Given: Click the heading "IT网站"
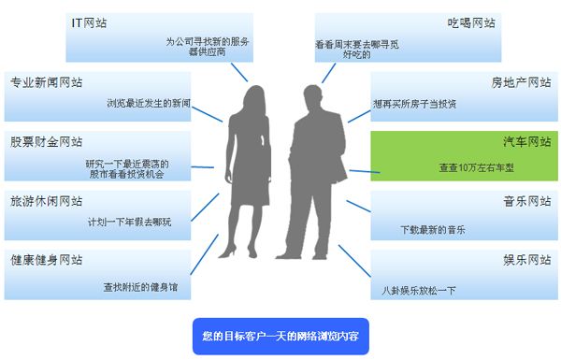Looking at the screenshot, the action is point(89,22).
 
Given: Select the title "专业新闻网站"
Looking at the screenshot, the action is point(46,82).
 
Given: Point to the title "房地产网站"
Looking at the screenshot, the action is point(519,82).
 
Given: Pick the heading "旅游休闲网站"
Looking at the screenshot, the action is point(46,201).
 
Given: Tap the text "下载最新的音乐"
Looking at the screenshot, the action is point(432,229).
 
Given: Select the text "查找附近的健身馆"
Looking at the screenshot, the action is point(139,288).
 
